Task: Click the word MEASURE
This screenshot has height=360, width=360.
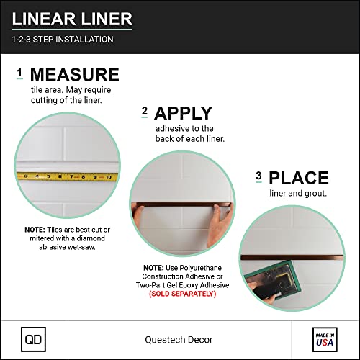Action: pos(74,76)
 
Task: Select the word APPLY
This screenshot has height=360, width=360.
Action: pos(183,113)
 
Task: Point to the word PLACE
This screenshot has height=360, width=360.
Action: pos(298,178)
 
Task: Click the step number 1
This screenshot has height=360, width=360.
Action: pos(19,73)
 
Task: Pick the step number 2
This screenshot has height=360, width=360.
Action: pos(144,111)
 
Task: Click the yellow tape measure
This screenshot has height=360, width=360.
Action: pos(65,175)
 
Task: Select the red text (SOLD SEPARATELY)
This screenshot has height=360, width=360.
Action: pos(182,294)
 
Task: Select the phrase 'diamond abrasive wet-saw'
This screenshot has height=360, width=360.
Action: pos(67,241)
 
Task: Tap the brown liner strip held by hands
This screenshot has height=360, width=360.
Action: pos(183,204)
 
